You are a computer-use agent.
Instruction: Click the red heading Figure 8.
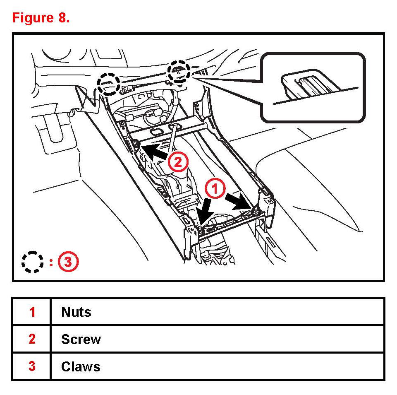pos(41,18)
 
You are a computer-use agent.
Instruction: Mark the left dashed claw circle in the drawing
pos(109,84)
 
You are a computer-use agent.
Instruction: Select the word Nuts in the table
pos(76,312)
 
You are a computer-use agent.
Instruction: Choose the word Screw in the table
pos(81,340)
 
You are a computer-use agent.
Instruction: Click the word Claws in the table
pos(81,367)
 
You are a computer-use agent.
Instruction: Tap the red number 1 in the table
pos(32,312)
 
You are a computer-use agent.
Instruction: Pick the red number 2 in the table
pos(32,340)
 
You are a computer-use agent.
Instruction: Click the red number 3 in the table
pos(32,367)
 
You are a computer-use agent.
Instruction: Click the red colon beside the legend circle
pos(51,262)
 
